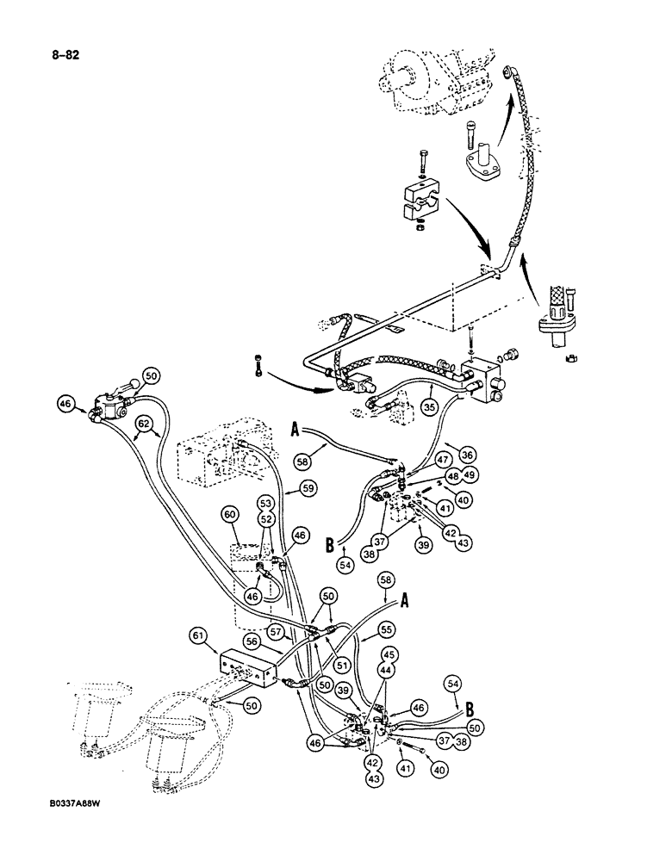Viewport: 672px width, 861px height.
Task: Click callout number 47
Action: (443, 461)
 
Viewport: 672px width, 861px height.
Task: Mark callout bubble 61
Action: (197, 637)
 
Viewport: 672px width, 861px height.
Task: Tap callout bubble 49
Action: (470, 475)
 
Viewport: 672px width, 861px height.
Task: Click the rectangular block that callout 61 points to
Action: (246, 666)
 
